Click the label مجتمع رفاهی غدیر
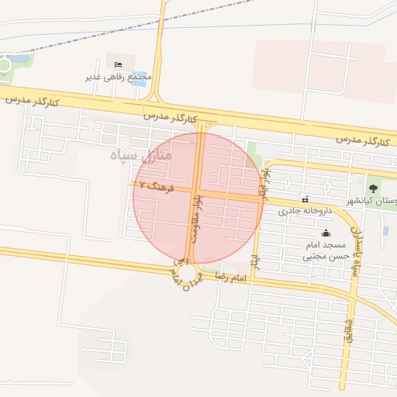[x=119, y=78]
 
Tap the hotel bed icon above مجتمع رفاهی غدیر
[x=118, y=64]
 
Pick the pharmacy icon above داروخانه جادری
[x=305, y=198]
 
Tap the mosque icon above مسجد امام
[x=325, y=232]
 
